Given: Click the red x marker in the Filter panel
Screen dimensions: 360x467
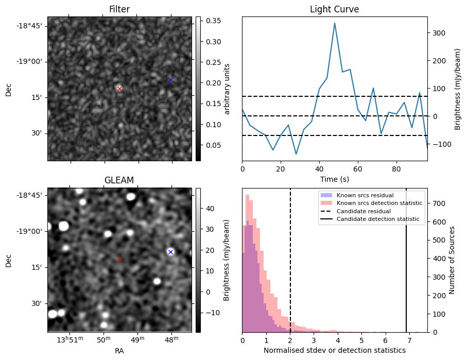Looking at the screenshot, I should tap(119, 89).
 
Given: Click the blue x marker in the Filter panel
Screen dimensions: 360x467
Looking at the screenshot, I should tap(170, 80).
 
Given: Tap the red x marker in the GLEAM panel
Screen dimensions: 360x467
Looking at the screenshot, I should tap(119, 260).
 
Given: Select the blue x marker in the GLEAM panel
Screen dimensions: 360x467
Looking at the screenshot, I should tap(170, 252).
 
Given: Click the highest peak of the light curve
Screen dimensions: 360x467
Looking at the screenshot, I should tap(335, 23).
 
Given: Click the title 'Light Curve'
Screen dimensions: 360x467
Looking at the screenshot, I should tap(334, 9).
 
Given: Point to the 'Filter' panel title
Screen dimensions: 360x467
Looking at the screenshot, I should tap(119, 9).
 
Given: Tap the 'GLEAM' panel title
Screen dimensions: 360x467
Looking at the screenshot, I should tap(119, 180).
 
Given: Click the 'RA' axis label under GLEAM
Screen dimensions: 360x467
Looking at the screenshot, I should tap(119, 351).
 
